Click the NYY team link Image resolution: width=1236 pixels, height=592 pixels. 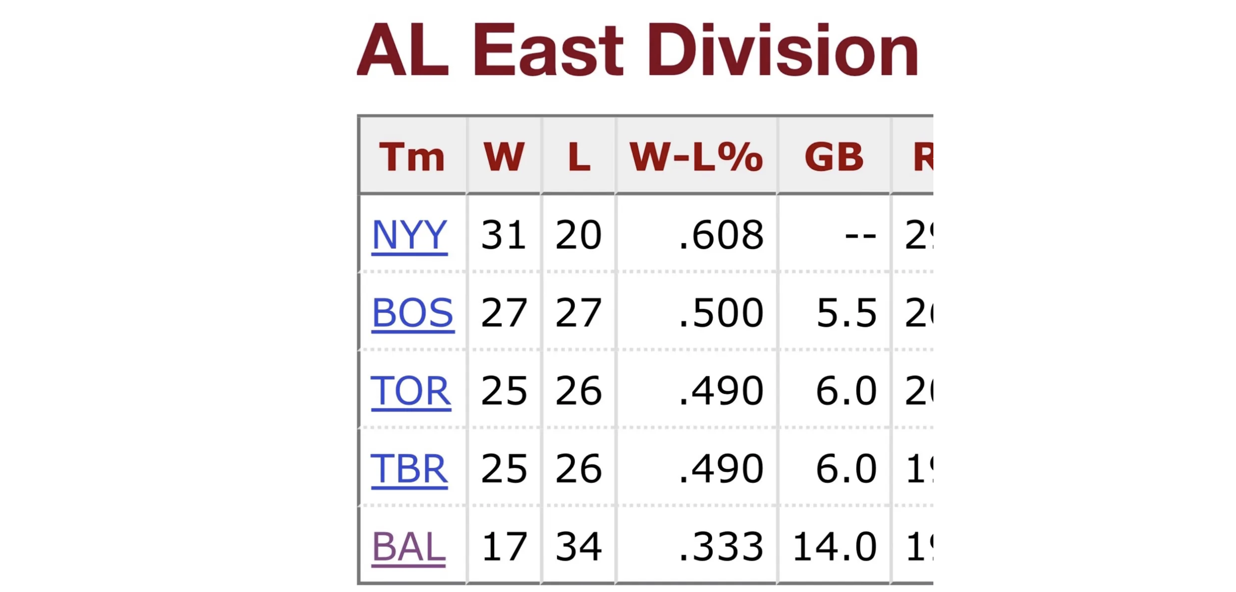(409, 235)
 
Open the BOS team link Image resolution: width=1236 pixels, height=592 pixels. (413, 313)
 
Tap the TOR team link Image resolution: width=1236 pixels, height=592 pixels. (411, 391)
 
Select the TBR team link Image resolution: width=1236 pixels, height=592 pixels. (409, 469)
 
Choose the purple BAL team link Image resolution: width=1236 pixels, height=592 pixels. (409, 546)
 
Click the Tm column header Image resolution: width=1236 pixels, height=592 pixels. (412, 157)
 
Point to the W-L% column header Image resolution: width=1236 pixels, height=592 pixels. (696, 157)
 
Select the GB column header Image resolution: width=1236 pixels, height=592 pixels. (834, 157)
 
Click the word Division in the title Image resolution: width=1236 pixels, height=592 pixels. (783, 50)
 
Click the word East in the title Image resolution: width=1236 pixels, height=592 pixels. (548, 50)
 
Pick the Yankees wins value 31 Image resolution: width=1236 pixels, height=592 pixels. (504, 235)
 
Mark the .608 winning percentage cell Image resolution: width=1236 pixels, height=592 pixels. (721, 235)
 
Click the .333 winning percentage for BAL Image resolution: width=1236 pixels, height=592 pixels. (721, 546)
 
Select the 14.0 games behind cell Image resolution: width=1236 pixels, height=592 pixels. (834, 546)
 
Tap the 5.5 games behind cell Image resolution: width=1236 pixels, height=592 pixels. (846, 313)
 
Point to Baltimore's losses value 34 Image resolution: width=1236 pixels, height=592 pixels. (578, 546)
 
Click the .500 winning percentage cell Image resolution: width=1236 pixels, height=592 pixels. (721, 313)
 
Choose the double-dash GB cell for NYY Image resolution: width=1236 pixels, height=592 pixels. (860, 235)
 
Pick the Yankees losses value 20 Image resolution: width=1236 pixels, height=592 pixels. (578, 235)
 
